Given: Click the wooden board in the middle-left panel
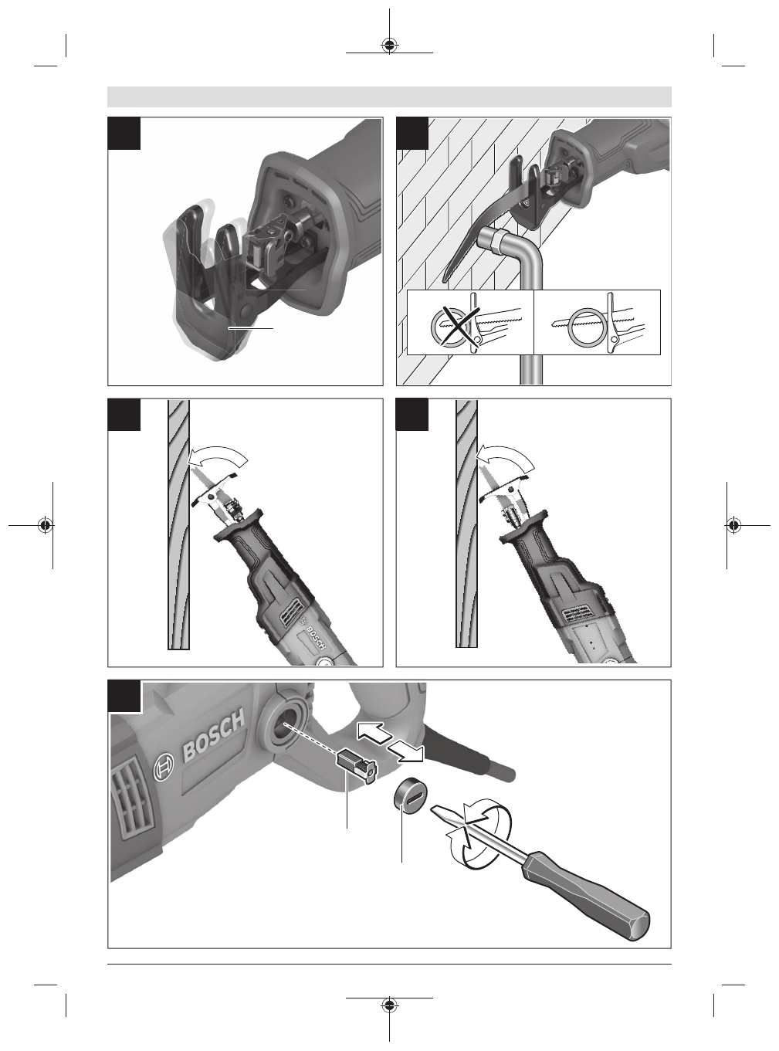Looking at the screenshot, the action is [x=178, y=524].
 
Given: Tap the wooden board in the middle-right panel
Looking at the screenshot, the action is [x=466, y=524].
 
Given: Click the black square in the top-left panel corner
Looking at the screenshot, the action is [x=124, y=133].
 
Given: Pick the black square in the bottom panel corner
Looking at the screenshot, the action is [x=124, y=696].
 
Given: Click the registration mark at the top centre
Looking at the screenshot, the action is [x=389, y=45].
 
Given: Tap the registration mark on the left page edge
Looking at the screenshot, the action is [x=46, y=525].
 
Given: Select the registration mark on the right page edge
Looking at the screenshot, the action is [x=733, y=525].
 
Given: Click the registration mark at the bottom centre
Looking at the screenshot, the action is [x=389, y=1005].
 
